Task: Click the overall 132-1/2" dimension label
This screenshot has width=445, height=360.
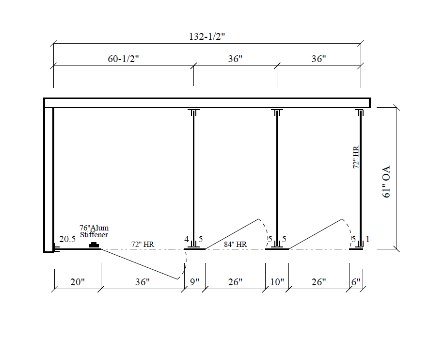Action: (x=207, y=37)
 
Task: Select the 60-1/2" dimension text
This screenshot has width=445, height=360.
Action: (x=123, y=59)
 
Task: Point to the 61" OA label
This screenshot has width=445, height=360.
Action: (x=386, y=182)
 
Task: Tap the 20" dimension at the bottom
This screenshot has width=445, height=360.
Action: (x=78, y=282)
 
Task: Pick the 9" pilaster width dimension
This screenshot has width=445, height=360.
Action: (x=194, y=282)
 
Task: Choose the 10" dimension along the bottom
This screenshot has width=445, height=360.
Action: (x=277, y=282)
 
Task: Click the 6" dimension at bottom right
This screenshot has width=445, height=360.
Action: (x=356, y=282)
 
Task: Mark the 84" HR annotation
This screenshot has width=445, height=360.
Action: (x=235, y=245)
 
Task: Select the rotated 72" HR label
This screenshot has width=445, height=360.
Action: (x=356, y=157)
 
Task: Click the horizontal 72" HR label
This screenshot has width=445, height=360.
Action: (x=143, y=245)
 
